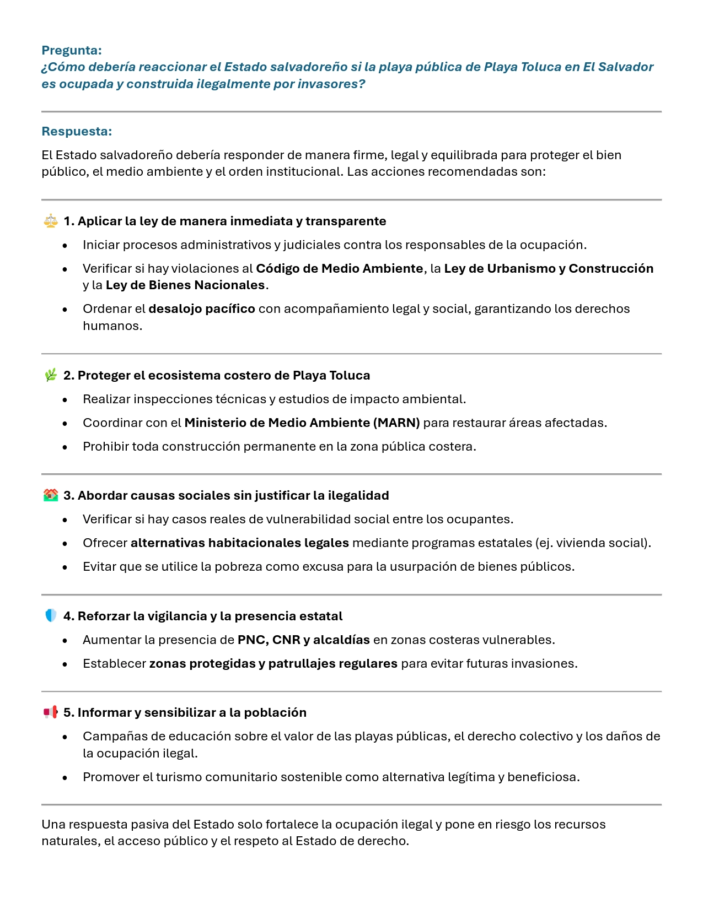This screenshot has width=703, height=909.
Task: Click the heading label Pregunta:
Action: click(x=72, y=51)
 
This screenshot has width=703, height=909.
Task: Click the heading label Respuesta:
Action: click(x=77, y=132)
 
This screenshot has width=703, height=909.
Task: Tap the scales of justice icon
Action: click(x=51, y=221)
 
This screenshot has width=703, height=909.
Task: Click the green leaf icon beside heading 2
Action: click(x=51, y=375)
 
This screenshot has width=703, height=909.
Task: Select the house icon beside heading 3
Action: click(x=51, y=495)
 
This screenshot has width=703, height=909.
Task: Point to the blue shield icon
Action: click(x=51, y=616)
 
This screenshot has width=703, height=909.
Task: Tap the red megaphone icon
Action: click(x=51, y=712)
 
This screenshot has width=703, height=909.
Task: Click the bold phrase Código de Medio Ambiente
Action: click(x=339, y=269)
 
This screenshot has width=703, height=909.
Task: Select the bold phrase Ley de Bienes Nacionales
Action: click(x=185, y=285)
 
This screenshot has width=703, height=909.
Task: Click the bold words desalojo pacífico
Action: click(x=201, y=309)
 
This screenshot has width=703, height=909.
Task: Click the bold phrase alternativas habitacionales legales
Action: click(x=239, y=543)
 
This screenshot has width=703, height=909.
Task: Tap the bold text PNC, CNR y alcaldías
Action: click(x=303, y=640)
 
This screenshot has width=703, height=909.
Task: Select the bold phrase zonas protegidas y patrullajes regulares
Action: click(x=273, y=664)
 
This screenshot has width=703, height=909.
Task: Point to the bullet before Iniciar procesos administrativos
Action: click(x=65, y=246)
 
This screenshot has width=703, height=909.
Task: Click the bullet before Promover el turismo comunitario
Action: click(x=65, y=778)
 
